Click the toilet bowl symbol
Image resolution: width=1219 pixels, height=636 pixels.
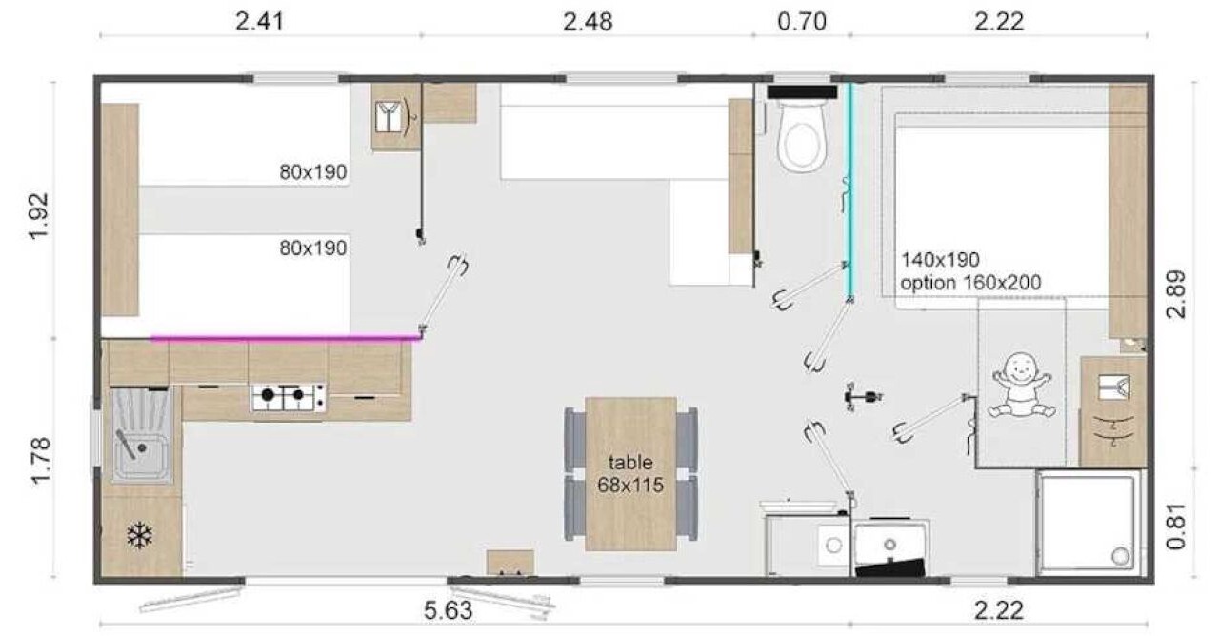(802, 136)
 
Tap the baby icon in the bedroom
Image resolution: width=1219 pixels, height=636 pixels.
(1022, 386)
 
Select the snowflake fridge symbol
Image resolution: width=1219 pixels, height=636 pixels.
(140, 535)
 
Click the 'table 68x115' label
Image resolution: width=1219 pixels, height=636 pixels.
(630, 473)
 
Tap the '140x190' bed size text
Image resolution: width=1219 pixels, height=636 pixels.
(940, 260)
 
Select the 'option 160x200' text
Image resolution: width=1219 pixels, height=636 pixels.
(970, 283)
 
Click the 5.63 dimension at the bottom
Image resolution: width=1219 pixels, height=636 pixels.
(449, 610)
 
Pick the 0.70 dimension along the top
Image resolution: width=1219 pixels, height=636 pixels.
(802, 22)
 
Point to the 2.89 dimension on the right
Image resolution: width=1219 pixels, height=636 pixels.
(1175, 294)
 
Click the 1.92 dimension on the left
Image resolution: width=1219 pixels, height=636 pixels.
(39, 215)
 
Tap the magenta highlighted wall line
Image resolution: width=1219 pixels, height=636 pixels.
(287, 338)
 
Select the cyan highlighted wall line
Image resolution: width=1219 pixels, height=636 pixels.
(849, 191)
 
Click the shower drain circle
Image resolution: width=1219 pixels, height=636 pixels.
(1121, 555)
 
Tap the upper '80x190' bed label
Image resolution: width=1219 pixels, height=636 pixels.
(313, 172)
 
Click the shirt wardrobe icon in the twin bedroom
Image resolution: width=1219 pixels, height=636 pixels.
(390, 117)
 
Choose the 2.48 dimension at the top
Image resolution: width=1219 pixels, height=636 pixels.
(588, 22)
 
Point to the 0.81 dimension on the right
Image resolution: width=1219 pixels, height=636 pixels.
(1175, 527)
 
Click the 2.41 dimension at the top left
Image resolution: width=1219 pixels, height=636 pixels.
(260, 22)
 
